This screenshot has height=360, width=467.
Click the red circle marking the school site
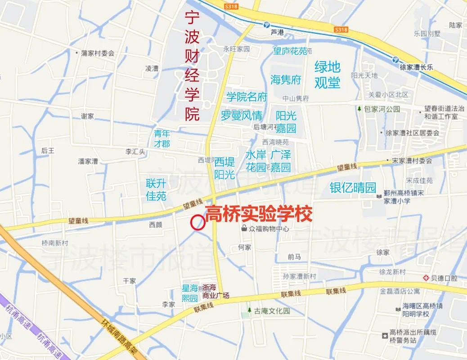[x=197, y=222]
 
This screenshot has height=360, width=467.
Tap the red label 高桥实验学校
[x=258, y=214]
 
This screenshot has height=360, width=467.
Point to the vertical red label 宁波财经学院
[x=192, y=66]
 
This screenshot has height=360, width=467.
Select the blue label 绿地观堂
[x=327, y=75]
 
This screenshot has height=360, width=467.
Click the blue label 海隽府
[x=285, y=80]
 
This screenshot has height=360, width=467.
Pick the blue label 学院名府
[x=247, y=97]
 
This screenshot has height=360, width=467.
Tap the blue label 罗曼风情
[x=241, y=115]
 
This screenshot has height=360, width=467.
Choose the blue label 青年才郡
[x=162, y=138]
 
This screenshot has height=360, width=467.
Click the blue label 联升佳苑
[x=156, y=190]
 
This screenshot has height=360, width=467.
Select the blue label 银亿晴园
[x=352, y=187]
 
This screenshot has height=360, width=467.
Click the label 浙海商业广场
[x=216, y=292]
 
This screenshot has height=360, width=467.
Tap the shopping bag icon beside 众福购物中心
[x=244, y=228]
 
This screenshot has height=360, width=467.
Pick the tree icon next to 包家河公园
[x=359, y=109]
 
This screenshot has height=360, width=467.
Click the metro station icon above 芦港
[x=266, y=24]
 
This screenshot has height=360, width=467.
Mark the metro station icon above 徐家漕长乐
[x=395, y=59]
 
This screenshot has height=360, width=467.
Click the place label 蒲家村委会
[x=98, y=53]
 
